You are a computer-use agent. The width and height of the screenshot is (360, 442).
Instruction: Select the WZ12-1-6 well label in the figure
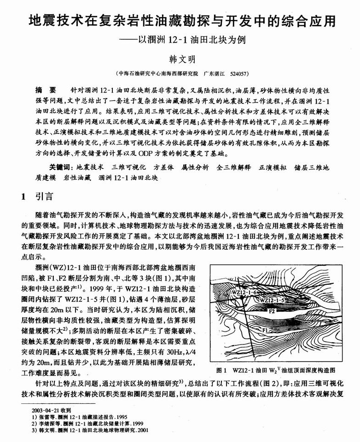click(244, 292)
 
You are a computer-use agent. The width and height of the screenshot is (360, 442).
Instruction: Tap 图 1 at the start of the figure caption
click(224, 369)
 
